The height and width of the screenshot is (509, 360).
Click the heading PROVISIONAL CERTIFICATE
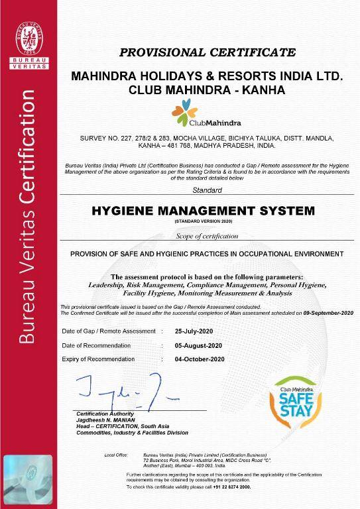tap(208, 52)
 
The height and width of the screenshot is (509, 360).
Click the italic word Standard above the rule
tap(207, 190)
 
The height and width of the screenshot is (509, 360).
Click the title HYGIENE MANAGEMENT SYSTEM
tap(208, 211)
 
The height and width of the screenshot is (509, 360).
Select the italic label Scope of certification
tap(207, 236)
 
